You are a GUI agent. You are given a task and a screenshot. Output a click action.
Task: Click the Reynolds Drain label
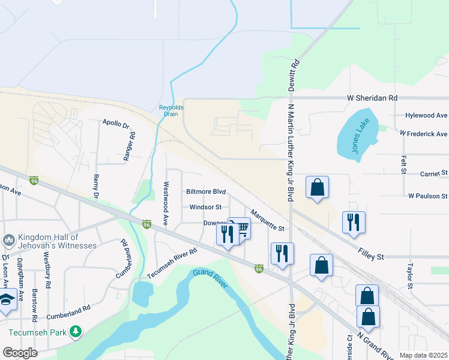click(x=171, y=110)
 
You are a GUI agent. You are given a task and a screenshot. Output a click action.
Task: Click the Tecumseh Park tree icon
click(x=75, y=331)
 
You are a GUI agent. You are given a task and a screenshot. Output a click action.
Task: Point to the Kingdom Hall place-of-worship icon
click(x=8, y=241)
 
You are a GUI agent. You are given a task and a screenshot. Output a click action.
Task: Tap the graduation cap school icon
click(x=6, y=300)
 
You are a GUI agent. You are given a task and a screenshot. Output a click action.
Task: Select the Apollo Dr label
click(x=116, y=124)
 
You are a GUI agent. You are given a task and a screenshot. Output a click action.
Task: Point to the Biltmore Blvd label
click(x=206, y=192)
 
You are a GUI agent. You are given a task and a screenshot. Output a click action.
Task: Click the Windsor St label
click(x=206, y=207)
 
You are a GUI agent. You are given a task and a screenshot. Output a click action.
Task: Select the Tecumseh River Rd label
click(x=172, y=264)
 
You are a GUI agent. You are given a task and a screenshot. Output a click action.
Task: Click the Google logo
click(x=20, y=353)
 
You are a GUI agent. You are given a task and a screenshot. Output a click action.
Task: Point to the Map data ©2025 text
click(x=423, y=355)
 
